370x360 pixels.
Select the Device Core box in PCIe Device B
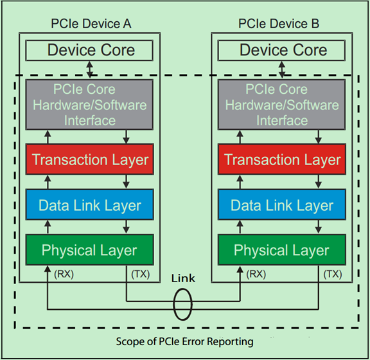tap(283, 50)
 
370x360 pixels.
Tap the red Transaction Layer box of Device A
tap(90, 160)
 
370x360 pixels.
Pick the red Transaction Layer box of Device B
tap(283, 160)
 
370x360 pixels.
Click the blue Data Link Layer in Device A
tap(90, 206)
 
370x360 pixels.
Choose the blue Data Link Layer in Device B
tap(283, 206)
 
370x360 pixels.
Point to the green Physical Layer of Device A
tap(90, 250)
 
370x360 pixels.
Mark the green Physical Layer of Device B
tap(283, 250)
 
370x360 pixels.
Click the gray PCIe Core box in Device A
tap(90, 104)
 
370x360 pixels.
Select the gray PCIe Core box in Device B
tap(283, 104)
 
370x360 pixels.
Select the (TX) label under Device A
tap(140, 274)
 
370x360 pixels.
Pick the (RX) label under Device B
tap(256, 274)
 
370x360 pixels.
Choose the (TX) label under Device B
tap(333, 274)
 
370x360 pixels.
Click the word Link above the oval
tap(183, 279)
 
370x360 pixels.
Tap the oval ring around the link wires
tap(183, 305)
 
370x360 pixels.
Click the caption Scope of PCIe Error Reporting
tap(184, 341)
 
